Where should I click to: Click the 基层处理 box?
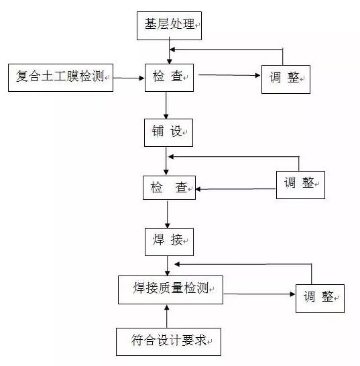point(169,25)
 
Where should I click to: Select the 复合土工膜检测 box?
point(61,78)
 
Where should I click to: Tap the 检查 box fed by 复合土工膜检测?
point(169,78)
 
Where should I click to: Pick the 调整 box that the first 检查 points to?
point(286,79)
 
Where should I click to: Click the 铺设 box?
point(168,133)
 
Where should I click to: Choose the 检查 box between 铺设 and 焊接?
point(169,188)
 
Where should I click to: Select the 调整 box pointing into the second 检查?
point(300,185)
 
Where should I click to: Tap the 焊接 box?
point(169,242)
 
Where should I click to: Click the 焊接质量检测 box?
point(170,290)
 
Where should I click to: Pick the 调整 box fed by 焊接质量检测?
point(320,298)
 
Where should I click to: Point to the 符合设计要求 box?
point(168,342)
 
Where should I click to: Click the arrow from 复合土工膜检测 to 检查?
point(129,78)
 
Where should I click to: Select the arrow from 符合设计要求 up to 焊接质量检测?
point(167,316)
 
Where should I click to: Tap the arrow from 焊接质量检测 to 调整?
point(259,294)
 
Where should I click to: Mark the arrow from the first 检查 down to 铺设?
point(166,105)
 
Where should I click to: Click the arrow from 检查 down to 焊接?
point(168,214)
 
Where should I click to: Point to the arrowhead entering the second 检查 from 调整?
point(198,189)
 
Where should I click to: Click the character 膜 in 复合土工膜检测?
point(73,76)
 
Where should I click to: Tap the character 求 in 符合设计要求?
point(200,340)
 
